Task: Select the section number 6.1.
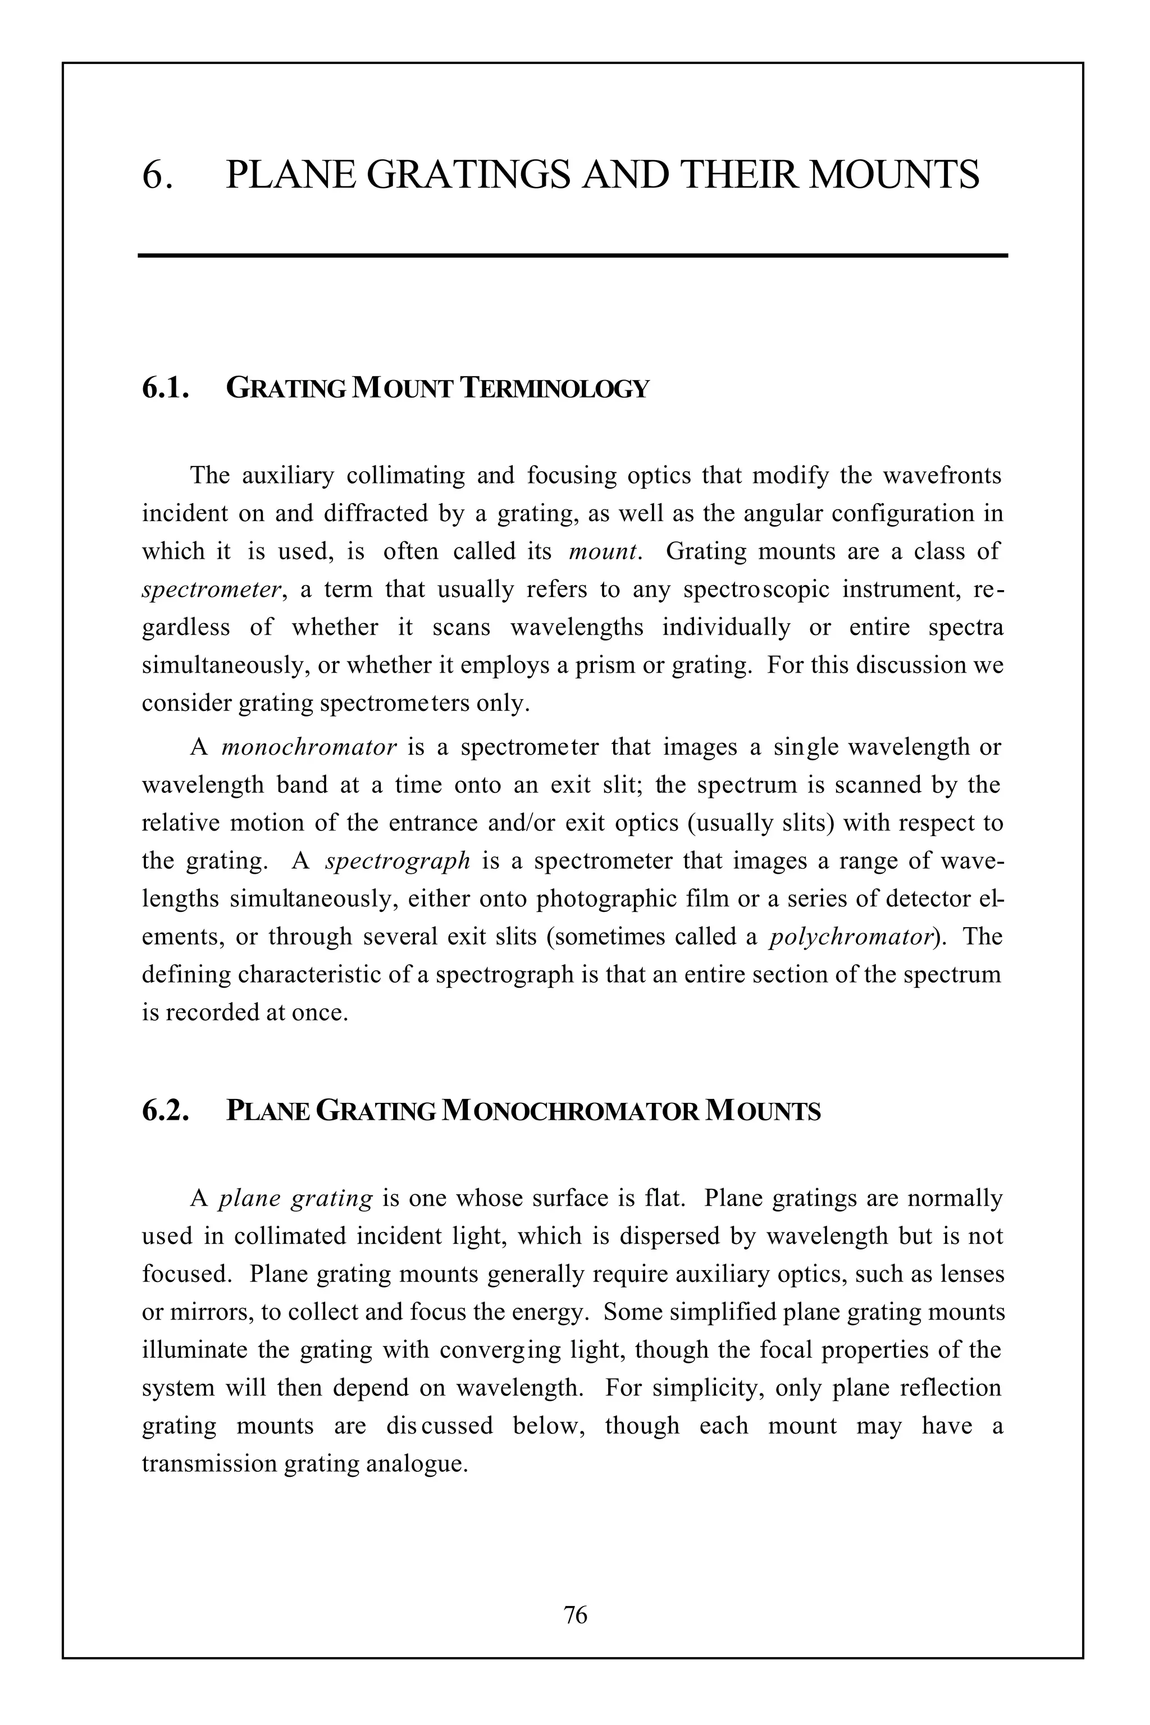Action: coord(166,387)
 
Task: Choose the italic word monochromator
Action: coord(309,747)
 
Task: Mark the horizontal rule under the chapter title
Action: coord(573,255)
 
